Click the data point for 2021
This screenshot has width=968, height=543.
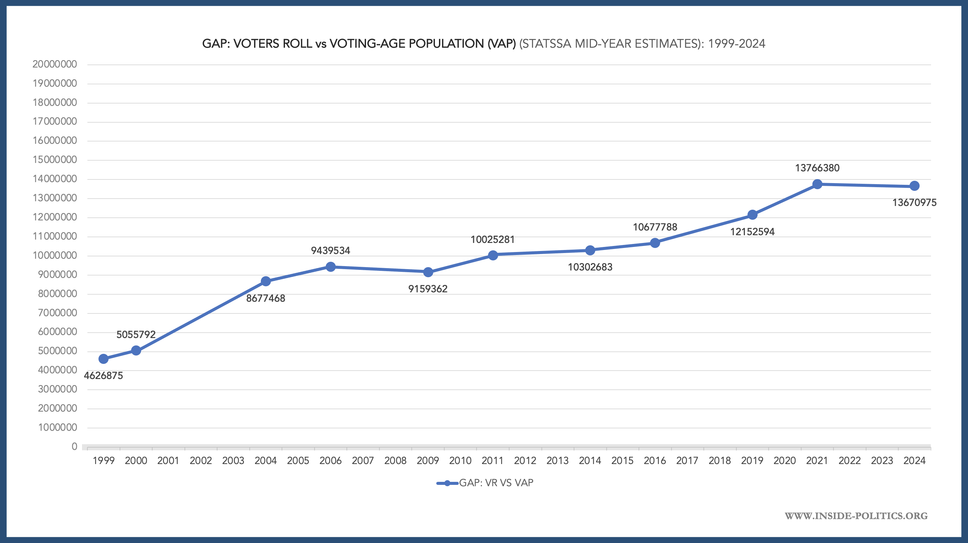[x=817, y=184]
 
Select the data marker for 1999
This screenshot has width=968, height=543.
[x=103, y=359]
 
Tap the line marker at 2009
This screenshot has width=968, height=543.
[x=428, y=272]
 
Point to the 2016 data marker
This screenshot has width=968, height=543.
[x=655, y=243]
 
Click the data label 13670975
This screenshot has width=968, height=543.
[x=914, y=203]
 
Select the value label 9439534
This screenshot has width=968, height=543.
[x=330, y=251]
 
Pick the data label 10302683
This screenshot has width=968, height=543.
[x=590, y=267]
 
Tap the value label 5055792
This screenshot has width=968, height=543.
[x=136, y=334]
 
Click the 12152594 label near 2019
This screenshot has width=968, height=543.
[x=752, y=232]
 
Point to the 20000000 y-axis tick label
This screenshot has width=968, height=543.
[x=54, y=64]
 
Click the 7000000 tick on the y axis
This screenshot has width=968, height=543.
[x=57, y=312]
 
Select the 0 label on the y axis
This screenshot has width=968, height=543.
[x=74, y=447]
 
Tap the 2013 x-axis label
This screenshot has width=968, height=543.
[x=557, y=461]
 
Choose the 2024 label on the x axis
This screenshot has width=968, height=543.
[x=914, y=461]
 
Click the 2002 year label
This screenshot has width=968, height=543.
[x=201, y=461]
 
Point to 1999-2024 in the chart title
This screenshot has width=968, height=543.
[x=736, y=44]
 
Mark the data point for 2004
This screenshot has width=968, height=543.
[x=266, y=281]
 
